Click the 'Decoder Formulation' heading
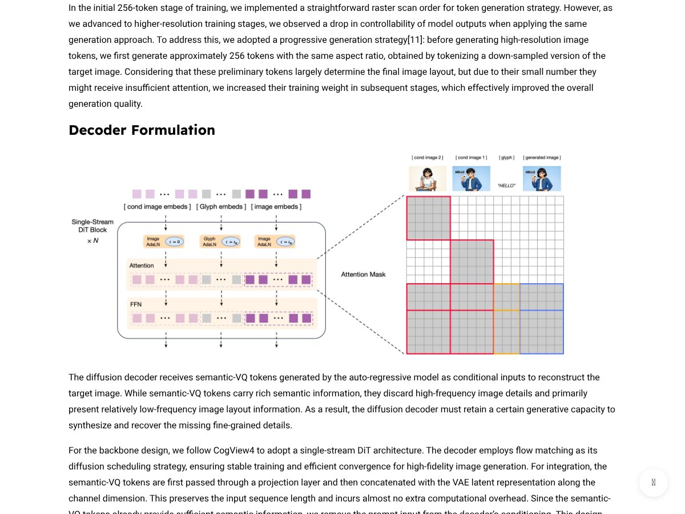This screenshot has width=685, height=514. (x=142, y=130)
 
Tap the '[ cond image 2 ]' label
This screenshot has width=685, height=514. (x=428, y=158)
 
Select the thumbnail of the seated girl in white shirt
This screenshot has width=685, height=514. (x=428, y=179)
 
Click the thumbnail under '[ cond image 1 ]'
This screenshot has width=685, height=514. (x=471, y=179)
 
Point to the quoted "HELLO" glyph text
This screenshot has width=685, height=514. (x=506, y=186)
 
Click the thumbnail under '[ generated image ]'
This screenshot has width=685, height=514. (x=542, y=179)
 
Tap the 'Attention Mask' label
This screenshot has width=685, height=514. (x=363, y=275)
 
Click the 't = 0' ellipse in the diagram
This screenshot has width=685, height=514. (x=174, y=242)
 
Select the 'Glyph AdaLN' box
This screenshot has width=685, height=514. (x=209, y=242)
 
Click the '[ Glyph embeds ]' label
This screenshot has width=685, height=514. (x=221, y=207)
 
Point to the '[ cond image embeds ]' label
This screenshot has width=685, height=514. (x=158, y=207)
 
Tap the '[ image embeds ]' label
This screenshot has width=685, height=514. (x=276, y=207)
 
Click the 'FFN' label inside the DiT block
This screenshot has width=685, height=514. (x=136, y=304)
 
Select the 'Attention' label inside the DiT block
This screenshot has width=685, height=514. (x=142, y=266)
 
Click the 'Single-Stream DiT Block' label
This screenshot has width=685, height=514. (x=92, y=226)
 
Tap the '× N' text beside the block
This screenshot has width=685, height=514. (x=92, y=240)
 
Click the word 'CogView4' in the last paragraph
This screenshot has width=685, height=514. (x=233, y=451)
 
